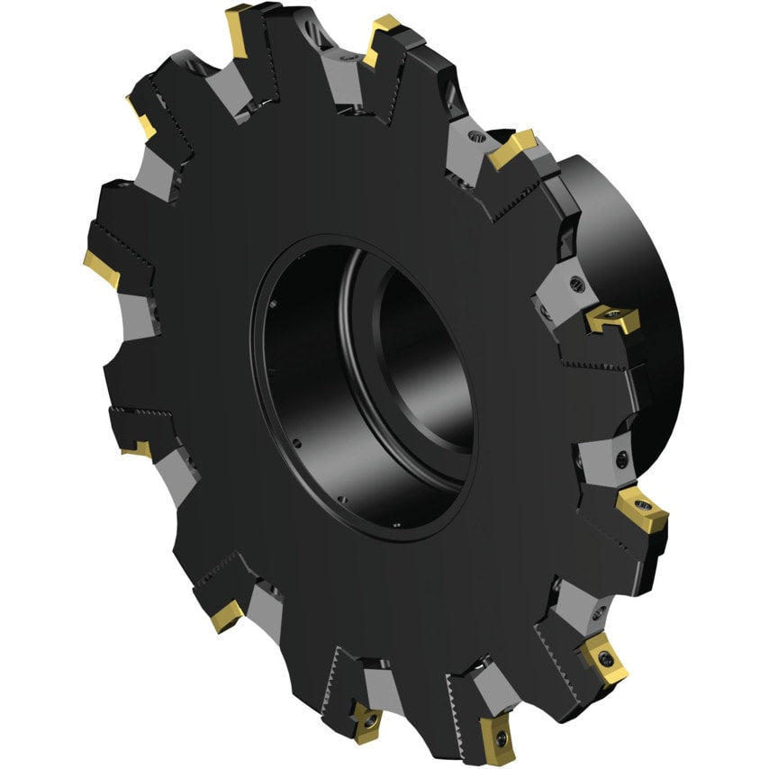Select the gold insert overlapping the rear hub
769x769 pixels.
pos(611,319)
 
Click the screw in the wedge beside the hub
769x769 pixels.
pos(577,286)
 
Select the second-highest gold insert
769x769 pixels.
pos(384,40)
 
